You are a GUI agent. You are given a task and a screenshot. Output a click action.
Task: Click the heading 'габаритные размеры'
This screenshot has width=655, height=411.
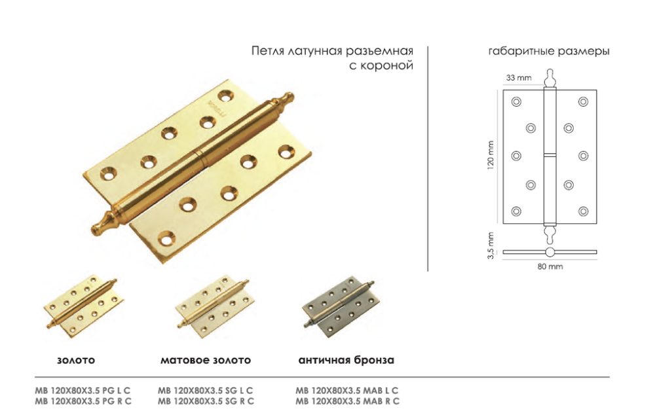548,51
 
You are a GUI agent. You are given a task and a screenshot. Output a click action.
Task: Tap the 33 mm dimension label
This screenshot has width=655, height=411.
519,78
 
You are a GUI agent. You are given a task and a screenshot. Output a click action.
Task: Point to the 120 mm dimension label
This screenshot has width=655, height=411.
491,154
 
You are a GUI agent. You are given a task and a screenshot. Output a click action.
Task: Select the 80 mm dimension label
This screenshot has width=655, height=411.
550,266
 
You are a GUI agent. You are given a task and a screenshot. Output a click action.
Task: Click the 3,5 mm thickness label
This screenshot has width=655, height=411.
491,245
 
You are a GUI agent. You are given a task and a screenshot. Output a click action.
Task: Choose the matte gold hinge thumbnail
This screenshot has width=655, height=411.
215,306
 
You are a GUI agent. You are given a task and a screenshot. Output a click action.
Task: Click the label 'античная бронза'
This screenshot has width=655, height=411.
346,360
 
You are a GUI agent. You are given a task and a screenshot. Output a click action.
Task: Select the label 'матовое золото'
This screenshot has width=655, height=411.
206,360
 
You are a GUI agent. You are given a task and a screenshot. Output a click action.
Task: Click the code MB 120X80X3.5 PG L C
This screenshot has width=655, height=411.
83,391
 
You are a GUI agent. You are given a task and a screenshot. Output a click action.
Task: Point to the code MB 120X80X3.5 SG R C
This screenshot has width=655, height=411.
206,401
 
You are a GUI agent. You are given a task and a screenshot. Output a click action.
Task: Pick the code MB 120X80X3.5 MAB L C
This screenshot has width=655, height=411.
346,391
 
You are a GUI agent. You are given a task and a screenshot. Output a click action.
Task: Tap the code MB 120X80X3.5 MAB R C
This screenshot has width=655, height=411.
347,401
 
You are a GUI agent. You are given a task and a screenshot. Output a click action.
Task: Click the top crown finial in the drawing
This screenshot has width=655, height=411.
550,78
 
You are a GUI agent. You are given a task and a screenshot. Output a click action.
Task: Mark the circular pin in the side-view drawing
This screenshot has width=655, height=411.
550,252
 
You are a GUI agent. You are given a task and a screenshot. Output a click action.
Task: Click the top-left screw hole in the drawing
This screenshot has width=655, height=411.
516,102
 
